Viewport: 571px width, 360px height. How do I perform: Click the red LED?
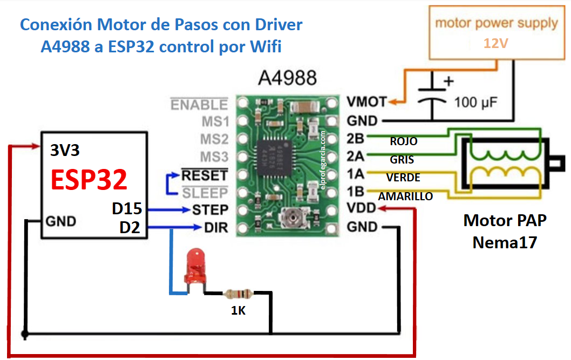coord(195,268)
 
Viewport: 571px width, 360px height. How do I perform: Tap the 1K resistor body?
coord(239,294)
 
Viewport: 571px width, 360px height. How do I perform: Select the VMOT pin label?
coord(366,101)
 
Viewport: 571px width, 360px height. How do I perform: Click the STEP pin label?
coord(209,209)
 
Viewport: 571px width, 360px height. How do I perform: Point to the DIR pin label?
coord(216,228)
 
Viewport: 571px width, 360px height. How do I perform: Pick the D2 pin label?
coord(130,228)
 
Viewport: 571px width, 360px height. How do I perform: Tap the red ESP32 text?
coord(89,180)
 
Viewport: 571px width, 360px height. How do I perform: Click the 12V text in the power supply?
coord(495,44)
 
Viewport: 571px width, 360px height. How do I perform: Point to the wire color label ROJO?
coord(403,141)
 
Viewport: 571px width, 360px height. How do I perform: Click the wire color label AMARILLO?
coord(405,196)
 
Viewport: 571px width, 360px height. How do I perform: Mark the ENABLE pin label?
coord(199,104)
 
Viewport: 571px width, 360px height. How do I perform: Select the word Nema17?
coord(505,242)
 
